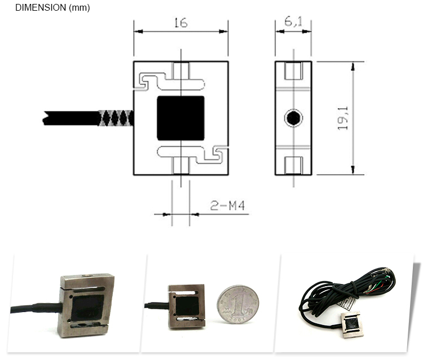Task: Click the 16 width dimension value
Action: click(x=180, y=23)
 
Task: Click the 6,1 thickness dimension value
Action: click(x=294, y=23)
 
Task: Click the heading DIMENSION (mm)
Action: click(x=52, y=8)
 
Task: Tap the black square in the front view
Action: click(x=180, y=118)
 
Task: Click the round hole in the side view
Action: click(x=293, y=118)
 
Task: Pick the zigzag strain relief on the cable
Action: click(x=116, y=118)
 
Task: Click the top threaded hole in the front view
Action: click(x=180, y=72)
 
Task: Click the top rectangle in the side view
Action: click(x=293, y=71)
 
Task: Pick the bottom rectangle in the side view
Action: click(x=293, y=165)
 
